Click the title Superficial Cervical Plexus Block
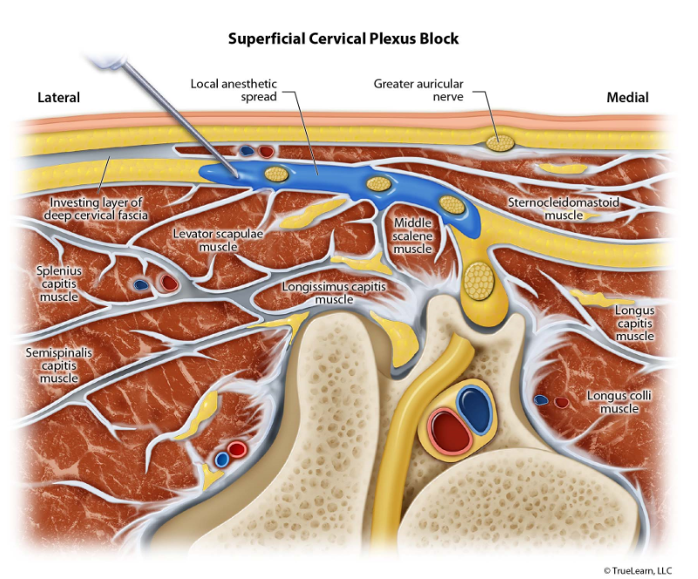point(343,39)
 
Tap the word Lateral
point(58,98)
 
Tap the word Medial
point(627,98)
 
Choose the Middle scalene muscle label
point(413,235)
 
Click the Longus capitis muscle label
point(634,323)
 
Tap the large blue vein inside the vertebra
point(475,407)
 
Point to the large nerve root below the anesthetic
point(477,281)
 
